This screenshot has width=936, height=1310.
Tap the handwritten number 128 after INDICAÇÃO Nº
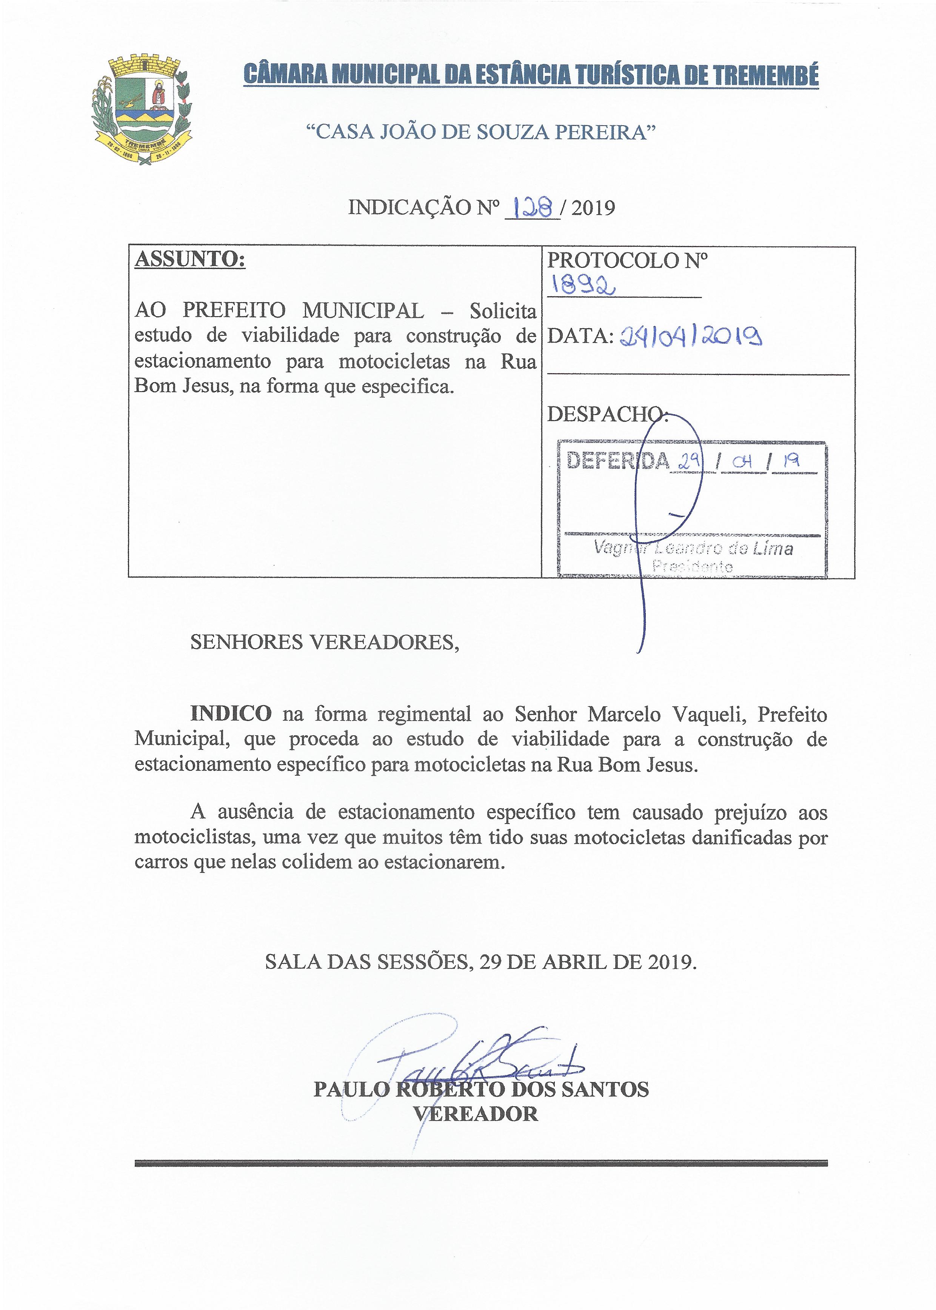coord(532,207)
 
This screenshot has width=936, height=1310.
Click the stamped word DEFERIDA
coord(617,460)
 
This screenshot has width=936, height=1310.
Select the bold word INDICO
coord(231,714)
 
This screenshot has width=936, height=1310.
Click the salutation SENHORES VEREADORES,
coord(325,642)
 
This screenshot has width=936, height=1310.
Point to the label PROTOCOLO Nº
coord(627,260)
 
